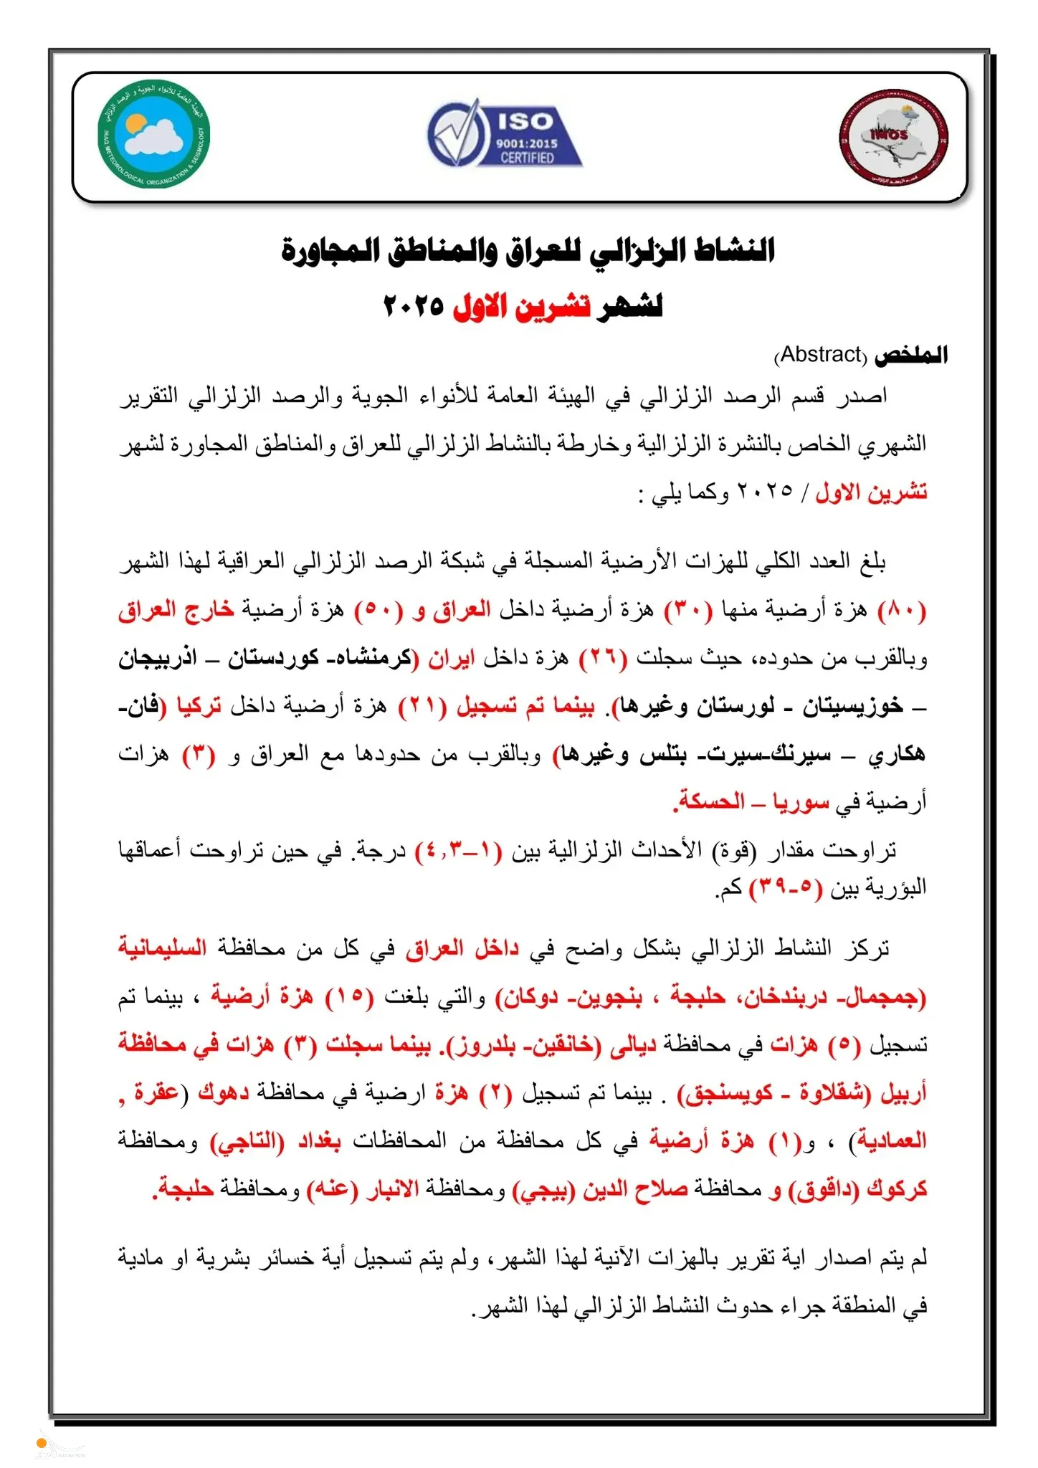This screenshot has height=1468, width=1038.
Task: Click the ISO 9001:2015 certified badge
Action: pyautogui.click(x=505, y=133)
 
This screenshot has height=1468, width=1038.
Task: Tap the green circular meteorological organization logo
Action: pyautogui.click(x=154, y=133)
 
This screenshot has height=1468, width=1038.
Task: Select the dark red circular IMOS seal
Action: pyautogui.click(x=893, y=138)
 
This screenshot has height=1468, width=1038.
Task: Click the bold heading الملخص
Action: pyautogui.click(x=911, y=354)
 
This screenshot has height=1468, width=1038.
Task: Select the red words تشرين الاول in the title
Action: pyautogui.click(x=522, y=307)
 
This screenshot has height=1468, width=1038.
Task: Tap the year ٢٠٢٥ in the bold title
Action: pyautogui.click(x=414, y=307)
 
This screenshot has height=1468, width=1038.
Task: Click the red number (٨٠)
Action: pyautogui.click(x=902, y=611)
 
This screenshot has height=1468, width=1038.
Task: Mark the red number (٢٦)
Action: pyautogui.click(x=603, y=658)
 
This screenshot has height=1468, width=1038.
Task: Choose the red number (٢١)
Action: pyautogui.click(x=422, y=707)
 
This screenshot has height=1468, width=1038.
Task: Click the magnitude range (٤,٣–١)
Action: pyautogui.click(x=462, y=851)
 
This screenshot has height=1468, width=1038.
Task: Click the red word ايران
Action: pyautogui.click(x=452, y=658)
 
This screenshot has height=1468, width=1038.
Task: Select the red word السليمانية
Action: pyautogui.click(x=163, y=948)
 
